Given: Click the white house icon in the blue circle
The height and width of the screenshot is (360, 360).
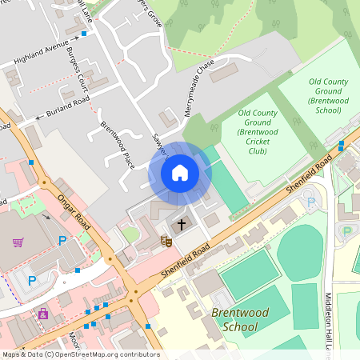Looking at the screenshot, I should (x=180, y=173).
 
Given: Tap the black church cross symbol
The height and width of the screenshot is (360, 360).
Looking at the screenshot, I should (x=181, y=224).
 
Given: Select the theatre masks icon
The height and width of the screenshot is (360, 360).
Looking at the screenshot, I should (x=167, y=240).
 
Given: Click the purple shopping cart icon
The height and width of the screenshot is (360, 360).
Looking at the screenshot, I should (x=18, y=242).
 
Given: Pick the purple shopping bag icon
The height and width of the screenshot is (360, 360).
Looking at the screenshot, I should (x=43, y=314).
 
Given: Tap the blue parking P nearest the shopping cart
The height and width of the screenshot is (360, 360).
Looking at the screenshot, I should (x=62, y=240).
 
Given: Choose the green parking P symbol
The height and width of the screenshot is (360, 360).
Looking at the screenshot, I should (x=347, y=231).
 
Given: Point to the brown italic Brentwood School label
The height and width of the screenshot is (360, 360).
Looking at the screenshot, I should (x=240, y=319).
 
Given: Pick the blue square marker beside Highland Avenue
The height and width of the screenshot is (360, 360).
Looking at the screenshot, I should (x=84, y=34).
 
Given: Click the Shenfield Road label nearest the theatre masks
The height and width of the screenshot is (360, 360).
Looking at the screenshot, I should (x=184, y=260).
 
